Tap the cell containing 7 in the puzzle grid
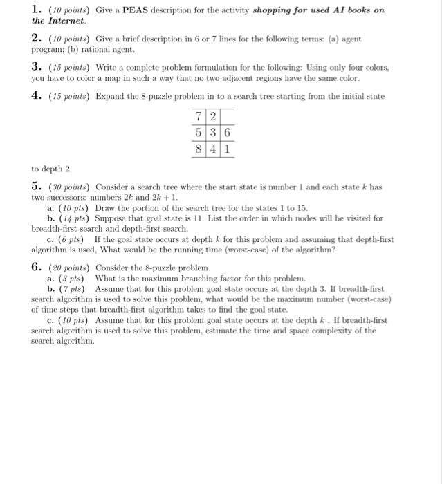tap(199, 115)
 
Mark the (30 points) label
tap(71, 188)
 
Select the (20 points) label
tap(71, 268)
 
